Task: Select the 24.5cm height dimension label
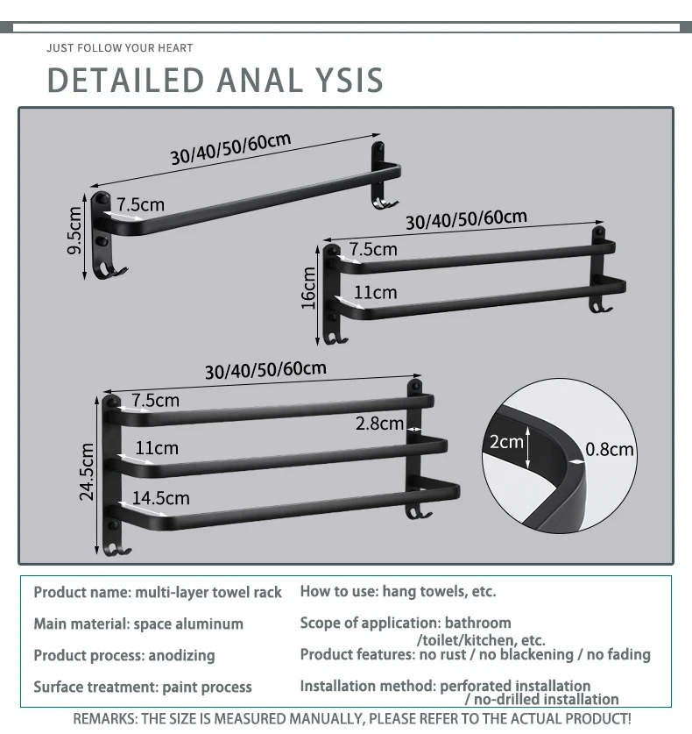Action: [x=87, y=471]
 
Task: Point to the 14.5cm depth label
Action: [x=160, y=498]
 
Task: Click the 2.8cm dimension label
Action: [x=379, y=424]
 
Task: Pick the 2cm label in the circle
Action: [x=506, y=442]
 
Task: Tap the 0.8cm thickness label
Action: [x=610, y=450]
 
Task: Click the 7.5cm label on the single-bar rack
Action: [x=140, y=204]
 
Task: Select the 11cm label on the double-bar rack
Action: [x=375, y=292]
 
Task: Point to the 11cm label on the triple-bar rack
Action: [x=156, y=448]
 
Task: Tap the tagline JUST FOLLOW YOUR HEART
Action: [x=119, y=47]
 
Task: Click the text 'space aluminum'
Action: [x=187, y=624]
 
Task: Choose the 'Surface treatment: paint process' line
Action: [x=142, y=687]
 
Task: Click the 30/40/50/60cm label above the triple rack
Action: [x=265, y=370]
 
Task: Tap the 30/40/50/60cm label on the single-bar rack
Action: [x=230, y=148]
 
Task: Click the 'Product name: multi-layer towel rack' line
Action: [x=158, y=593]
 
